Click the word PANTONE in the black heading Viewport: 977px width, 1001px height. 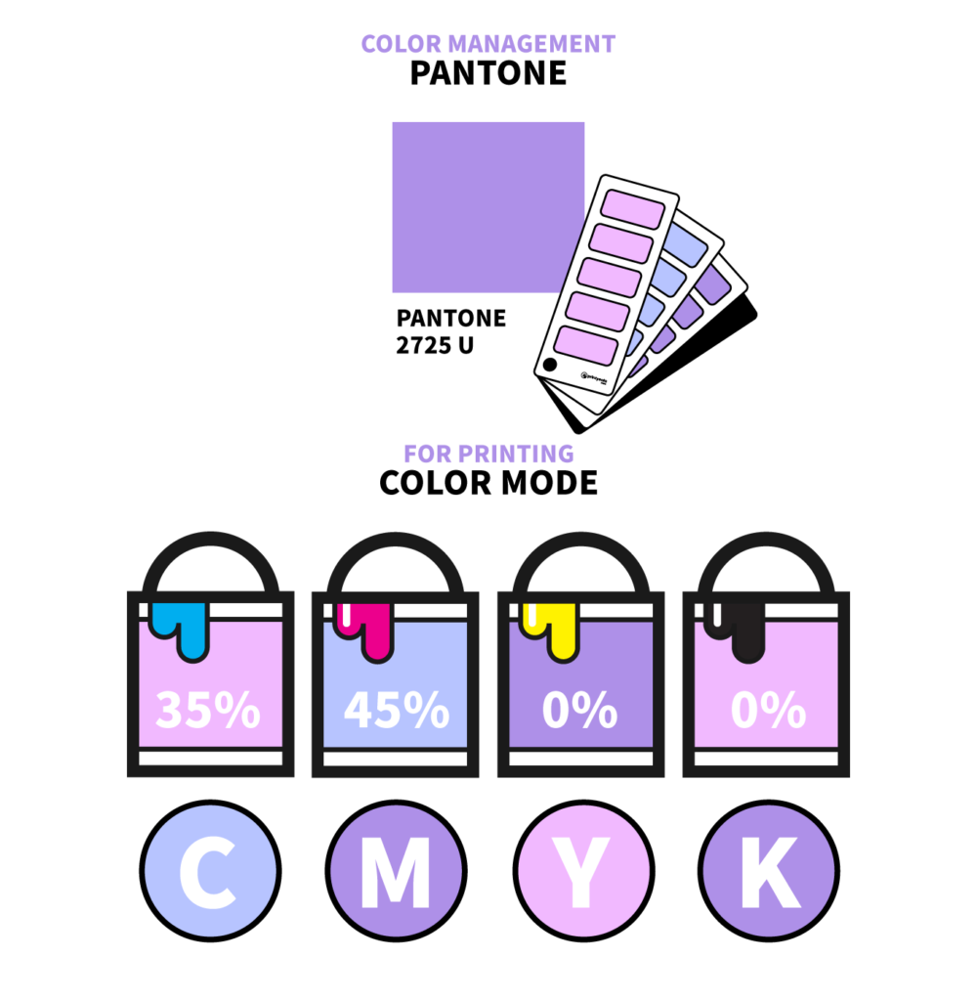tap(488, 73)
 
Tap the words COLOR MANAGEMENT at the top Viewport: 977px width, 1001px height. tap(488, 44)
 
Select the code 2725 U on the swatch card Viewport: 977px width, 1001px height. tap(435, 345)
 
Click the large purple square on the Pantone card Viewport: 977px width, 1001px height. tap(488, 206)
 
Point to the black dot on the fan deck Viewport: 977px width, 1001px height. tap(550, 366)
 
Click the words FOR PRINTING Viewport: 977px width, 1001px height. tap(488, 454)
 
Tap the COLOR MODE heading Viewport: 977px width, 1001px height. tap(488, 483)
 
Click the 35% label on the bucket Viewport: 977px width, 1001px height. tap(207, 711)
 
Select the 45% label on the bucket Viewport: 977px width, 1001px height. tap(396, 711)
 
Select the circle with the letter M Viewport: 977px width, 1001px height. tap(395, 872)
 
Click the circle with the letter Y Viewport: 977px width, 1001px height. tap(582, 872)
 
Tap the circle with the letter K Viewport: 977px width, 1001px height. tap(768, 872)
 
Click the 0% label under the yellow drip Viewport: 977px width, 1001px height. tap(580, 711)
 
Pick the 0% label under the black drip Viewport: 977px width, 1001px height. tap(767, 711)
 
